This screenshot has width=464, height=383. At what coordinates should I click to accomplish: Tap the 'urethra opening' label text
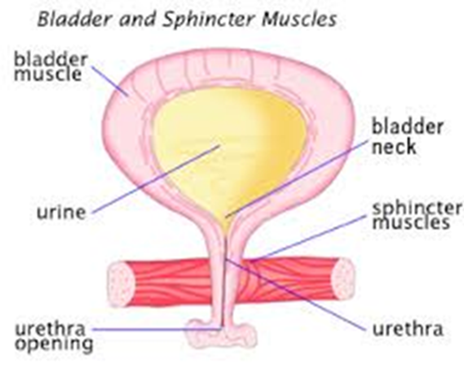pyautogui.click(x=54, y=336)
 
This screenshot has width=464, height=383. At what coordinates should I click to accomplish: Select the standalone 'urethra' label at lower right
pyautogui.click(x=407, y=329)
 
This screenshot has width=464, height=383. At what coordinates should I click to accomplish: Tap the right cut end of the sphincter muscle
pyautogui.click(x=342, y=278)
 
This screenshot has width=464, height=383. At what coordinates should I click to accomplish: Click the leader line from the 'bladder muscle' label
pyautogui.click(x=110, y=81)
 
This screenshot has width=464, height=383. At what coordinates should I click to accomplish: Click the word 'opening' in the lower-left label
pyautogui.click(x=54, y=344)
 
